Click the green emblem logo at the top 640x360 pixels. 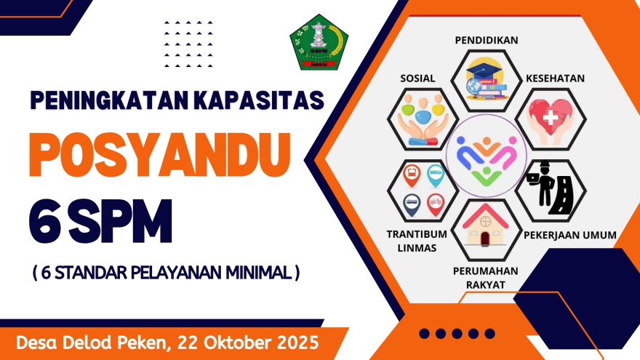[319, 41]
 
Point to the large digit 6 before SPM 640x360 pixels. [44, 219]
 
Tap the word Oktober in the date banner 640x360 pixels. [225, 341]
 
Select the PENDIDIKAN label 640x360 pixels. [486, 40]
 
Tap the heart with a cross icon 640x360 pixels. [551, 118]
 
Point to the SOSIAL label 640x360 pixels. [417, 78]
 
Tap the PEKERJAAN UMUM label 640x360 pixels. [570, 235]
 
